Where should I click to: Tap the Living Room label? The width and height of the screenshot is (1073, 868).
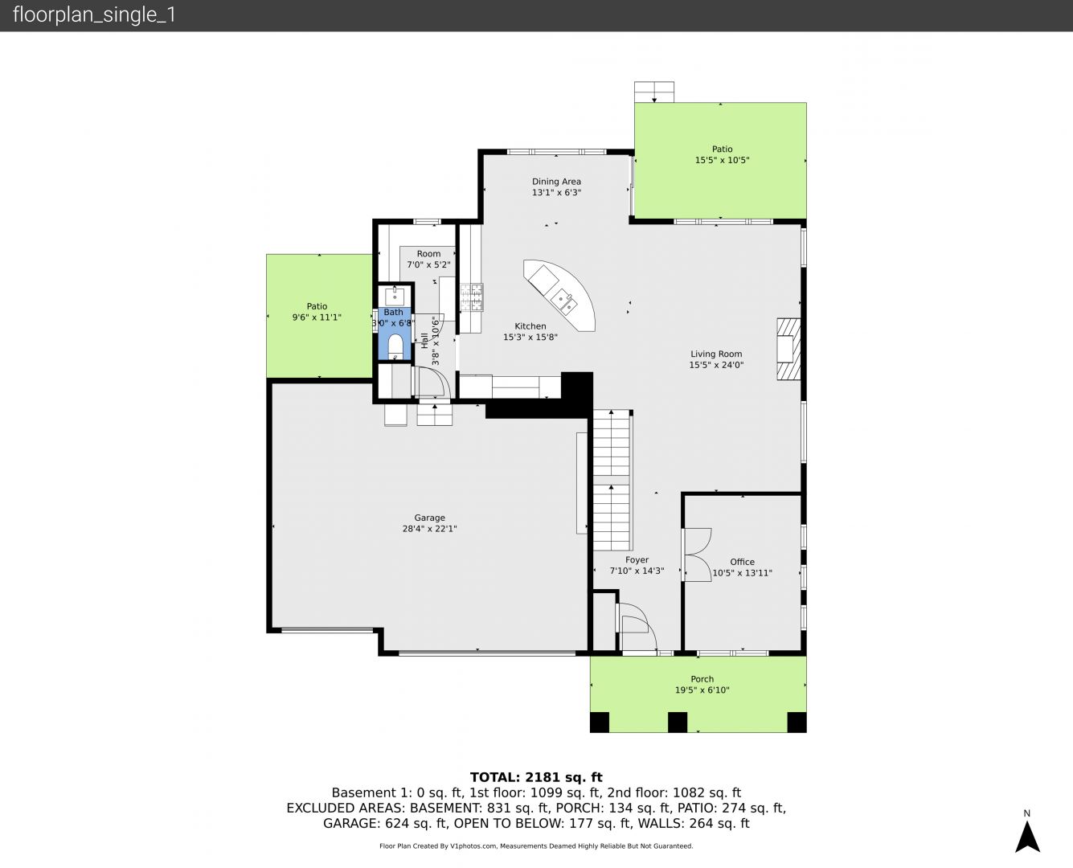[716, 354]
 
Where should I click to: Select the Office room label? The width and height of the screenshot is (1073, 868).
[742, 562]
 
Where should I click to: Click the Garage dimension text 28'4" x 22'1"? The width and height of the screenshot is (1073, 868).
[429, 529]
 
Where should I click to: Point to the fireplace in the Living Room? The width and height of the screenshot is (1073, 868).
[788, 349]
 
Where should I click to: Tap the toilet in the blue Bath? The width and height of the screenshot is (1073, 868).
[395, 346]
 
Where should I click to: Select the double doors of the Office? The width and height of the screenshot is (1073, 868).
[697, 555]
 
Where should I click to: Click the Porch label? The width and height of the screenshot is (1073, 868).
[702, 679]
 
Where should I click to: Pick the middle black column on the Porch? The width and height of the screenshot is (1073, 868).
[677, 722]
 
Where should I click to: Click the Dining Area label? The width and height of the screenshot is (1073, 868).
[556, 182]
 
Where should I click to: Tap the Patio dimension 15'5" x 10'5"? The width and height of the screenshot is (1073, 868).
[722, 160]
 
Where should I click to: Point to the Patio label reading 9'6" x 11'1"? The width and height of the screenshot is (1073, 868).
[317, 317]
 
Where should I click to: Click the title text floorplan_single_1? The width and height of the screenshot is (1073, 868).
[94, 15]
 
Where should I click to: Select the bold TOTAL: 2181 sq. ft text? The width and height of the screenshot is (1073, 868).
[536, 777]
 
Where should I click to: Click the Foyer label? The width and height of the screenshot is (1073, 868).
[637, 559]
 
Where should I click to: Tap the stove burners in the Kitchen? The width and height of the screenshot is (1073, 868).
[472, 297]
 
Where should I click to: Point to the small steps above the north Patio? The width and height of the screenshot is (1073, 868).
[654, 92]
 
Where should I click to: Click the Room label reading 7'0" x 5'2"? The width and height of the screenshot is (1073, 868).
[428, 264]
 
